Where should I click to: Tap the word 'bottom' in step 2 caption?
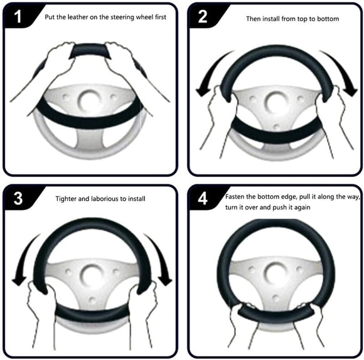(328, 19)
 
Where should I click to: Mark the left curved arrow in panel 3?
(22, 260)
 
